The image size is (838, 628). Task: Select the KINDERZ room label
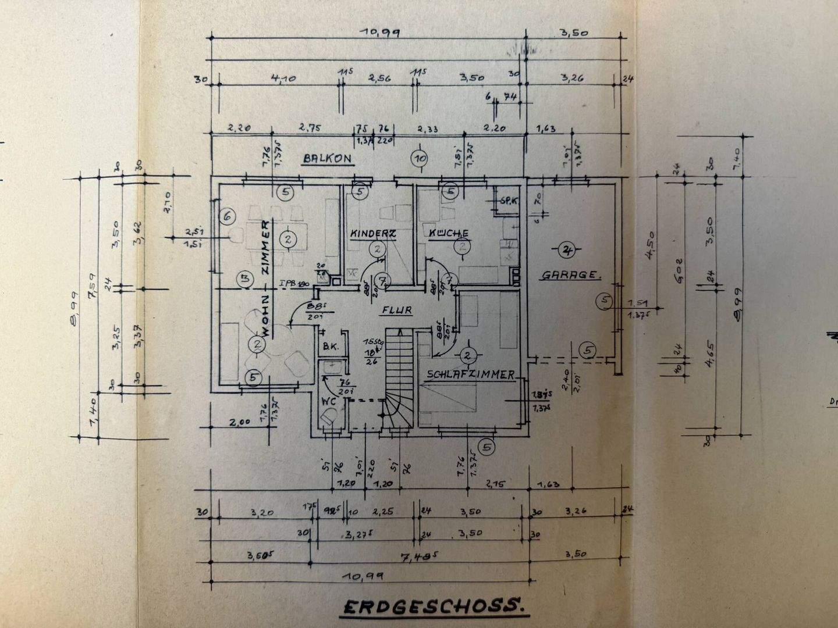click(373, 233)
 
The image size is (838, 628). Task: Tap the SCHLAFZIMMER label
click(471, 375)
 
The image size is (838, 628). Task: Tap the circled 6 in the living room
click(228, 216)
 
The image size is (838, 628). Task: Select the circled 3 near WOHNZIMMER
click(245, 279)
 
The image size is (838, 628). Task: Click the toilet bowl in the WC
click(331, 417)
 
